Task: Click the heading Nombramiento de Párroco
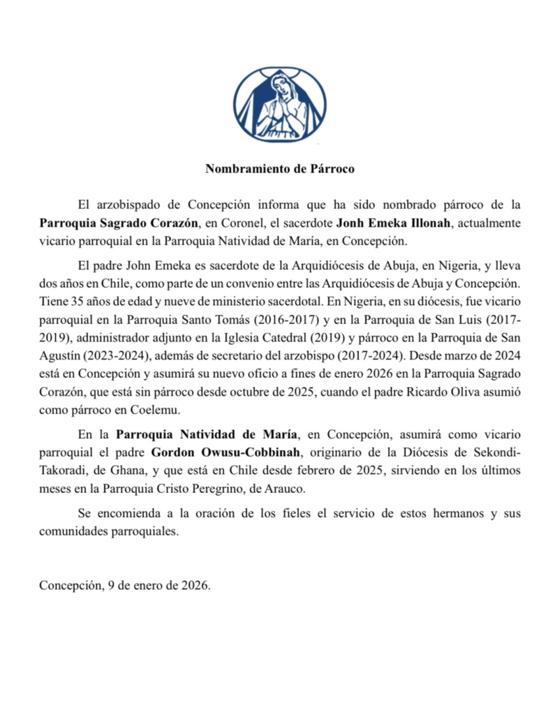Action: coord(280,169)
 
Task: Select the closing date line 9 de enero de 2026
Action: coord(159,586)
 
